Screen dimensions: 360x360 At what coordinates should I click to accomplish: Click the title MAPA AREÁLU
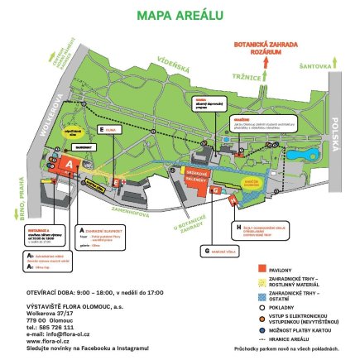point(179,14)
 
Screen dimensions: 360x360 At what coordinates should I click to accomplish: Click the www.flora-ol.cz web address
point(50,338)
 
